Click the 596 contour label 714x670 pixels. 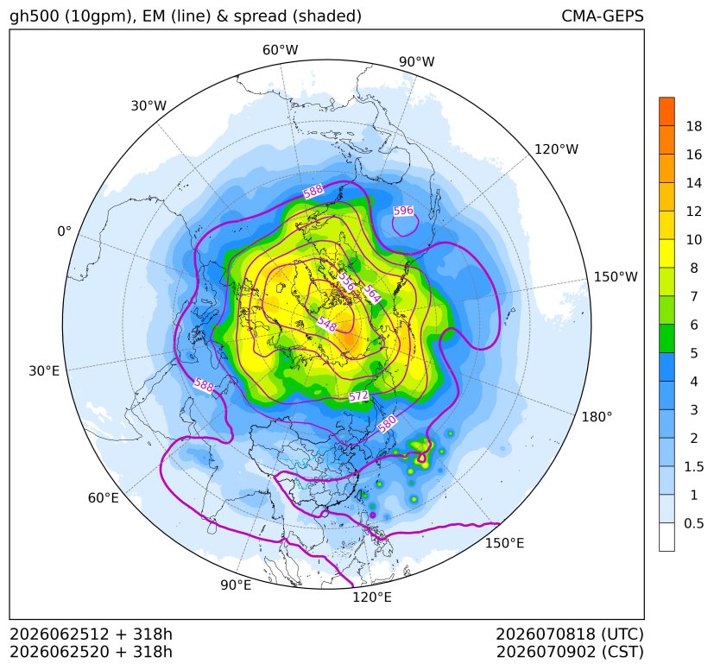pos(403,211)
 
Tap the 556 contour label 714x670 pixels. pos(346,282)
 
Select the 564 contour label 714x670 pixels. pos(371,294)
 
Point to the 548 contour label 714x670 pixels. pos(327,324)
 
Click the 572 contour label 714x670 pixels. pos(358,396)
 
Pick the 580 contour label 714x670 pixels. pos(387,425)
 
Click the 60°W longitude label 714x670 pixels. pos(280,50)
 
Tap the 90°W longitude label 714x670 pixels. pos(417,61)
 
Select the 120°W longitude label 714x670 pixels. pos(556,149)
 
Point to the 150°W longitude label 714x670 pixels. pos(616,276)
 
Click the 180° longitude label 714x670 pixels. pos(597,417)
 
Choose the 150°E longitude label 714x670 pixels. pos(504,543)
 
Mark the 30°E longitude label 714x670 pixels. pos(44,370)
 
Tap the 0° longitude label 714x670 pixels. pos(64,231)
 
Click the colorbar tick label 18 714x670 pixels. pos(694,126)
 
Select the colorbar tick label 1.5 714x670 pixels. pos(693,466)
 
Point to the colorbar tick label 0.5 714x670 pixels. pos(693,523)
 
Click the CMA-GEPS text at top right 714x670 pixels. pos(603,16)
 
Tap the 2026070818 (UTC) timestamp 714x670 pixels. pos(569,634)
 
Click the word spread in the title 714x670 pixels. pos(260,17)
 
